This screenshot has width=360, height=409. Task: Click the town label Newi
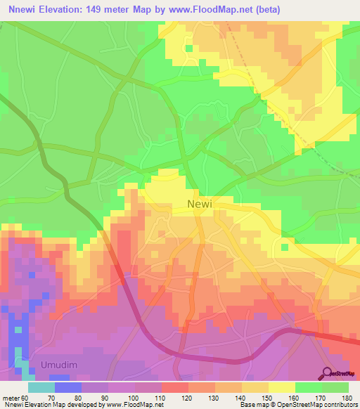click(201, 204)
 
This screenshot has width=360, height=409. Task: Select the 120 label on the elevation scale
click(187, 398)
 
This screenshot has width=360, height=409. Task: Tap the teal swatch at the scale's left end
click(41, 387)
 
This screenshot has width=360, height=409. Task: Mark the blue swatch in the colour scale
click(68, 387)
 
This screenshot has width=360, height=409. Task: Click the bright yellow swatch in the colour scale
click(282, 387)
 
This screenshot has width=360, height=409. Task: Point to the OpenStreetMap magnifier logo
click(327, 372)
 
